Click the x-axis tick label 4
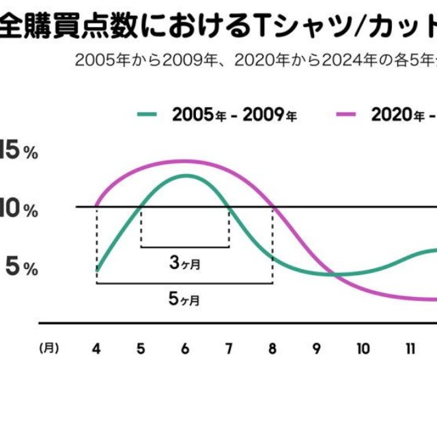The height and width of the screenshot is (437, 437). point(96,348)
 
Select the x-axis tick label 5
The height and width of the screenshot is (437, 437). point(141,348)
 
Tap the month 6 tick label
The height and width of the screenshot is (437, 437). point(184,348)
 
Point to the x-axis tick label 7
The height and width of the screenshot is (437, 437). point(229,348)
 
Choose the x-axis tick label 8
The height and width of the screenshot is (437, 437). point(272,348)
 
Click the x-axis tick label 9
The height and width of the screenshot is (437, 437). point(317,348)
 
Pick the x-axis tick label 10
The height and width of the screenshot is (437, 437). point(363,348)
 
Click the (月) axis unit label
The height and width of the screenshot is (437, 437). point(48,348)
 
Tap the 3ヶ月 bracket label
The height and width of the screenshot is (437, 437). point(184,262)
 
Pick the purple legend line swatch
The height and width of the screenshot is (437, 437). point(348,114)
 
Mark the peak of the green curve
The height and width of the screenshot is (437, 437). point(185,175)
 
